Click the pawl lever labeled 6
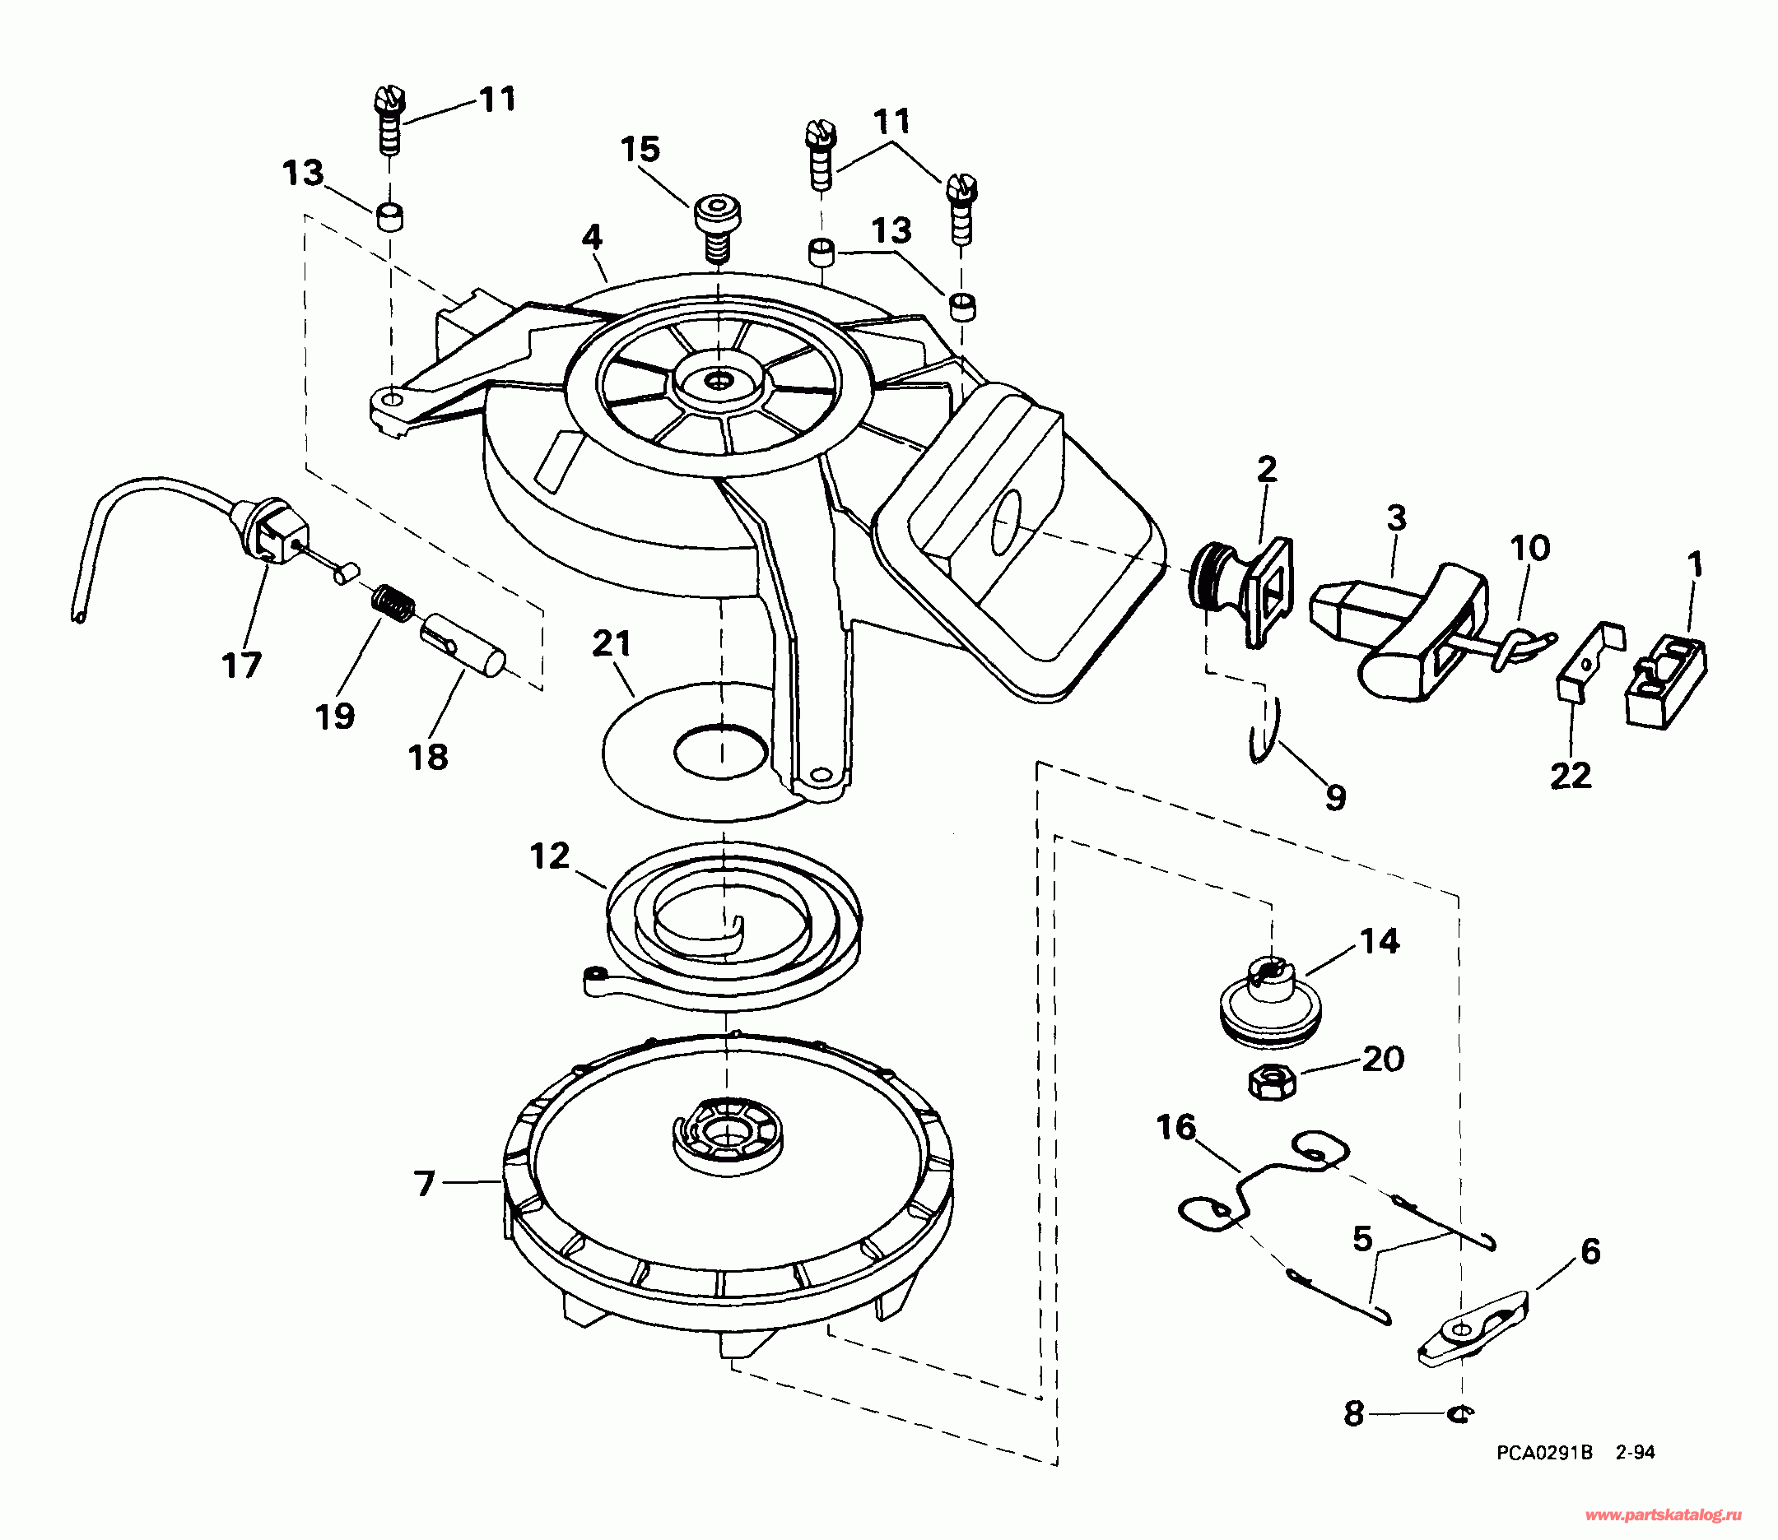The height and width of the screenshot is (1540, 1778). coord(1472,1329)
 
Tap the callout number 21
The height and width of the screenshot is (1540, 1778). coord(612,643)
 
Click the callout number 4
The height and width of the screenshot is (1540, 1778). coord(592,238)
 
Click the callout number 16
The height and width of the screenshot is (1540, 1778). coord(1176,1127)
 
